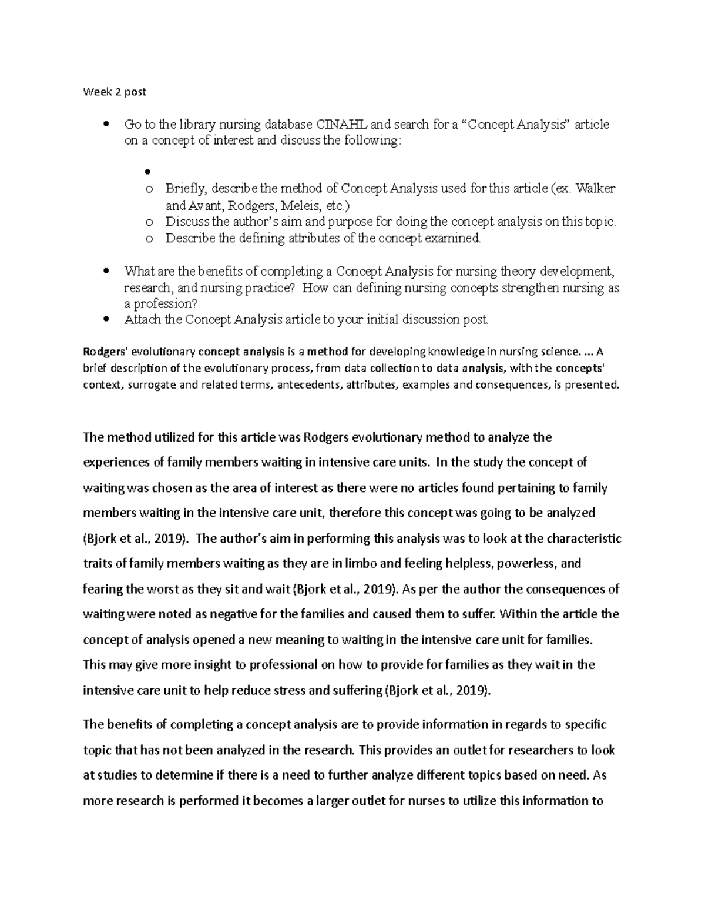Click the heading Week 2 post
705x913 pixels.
pyautogui.click(x=115, y=92)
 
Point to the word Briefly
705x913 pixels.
pyautogui.click(x=186, y=189)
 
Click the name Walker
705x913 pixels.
pyautogui.click(x=595, y=189)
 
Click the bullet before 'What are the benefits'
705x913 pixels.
pyautogui.click(x=106, y=272)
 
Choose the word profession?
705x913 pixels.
pyautogui.click(x=164, y=304)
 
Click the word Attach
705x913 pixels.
pyautogui.click(x=140, y=320)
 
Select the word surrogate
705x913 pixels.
pyautogui.click(x=147, y=385)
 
